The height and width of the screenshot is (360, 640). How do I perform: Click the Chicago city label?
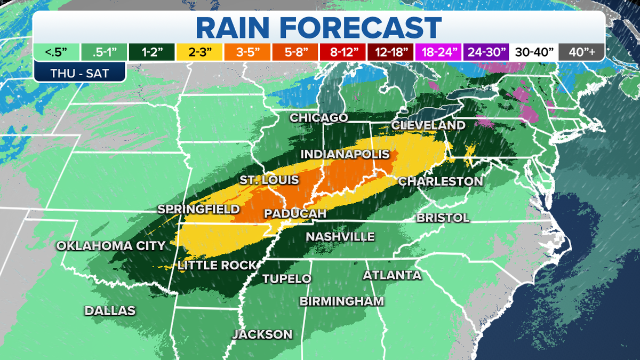click(x=319, y=117)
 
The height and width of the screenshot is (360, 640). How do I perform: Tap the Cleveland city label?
click(x=428, y=125)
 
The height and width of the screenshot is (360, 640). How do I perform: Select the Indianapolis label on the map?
click(x=345, y=154)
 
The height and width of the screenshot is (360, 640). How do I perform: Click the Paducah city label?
click(x=295, y=213)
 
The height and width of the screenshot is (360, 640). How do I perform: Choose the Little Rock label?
click(x=217, y=265)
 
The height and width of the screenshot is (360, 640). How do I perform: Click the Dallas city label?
click(x=110, y=310)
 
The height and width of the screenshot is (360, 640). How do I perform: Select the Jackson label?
click(x=262, y=334)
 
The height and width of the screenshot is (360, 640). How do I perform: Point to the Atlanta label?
click(x=392, y=275)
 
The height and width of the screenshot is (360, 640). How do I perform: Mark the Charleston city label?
click(x=441, y=181)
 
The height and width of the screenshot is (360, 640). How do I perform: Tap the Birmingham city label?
click(x=341, y=301)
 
